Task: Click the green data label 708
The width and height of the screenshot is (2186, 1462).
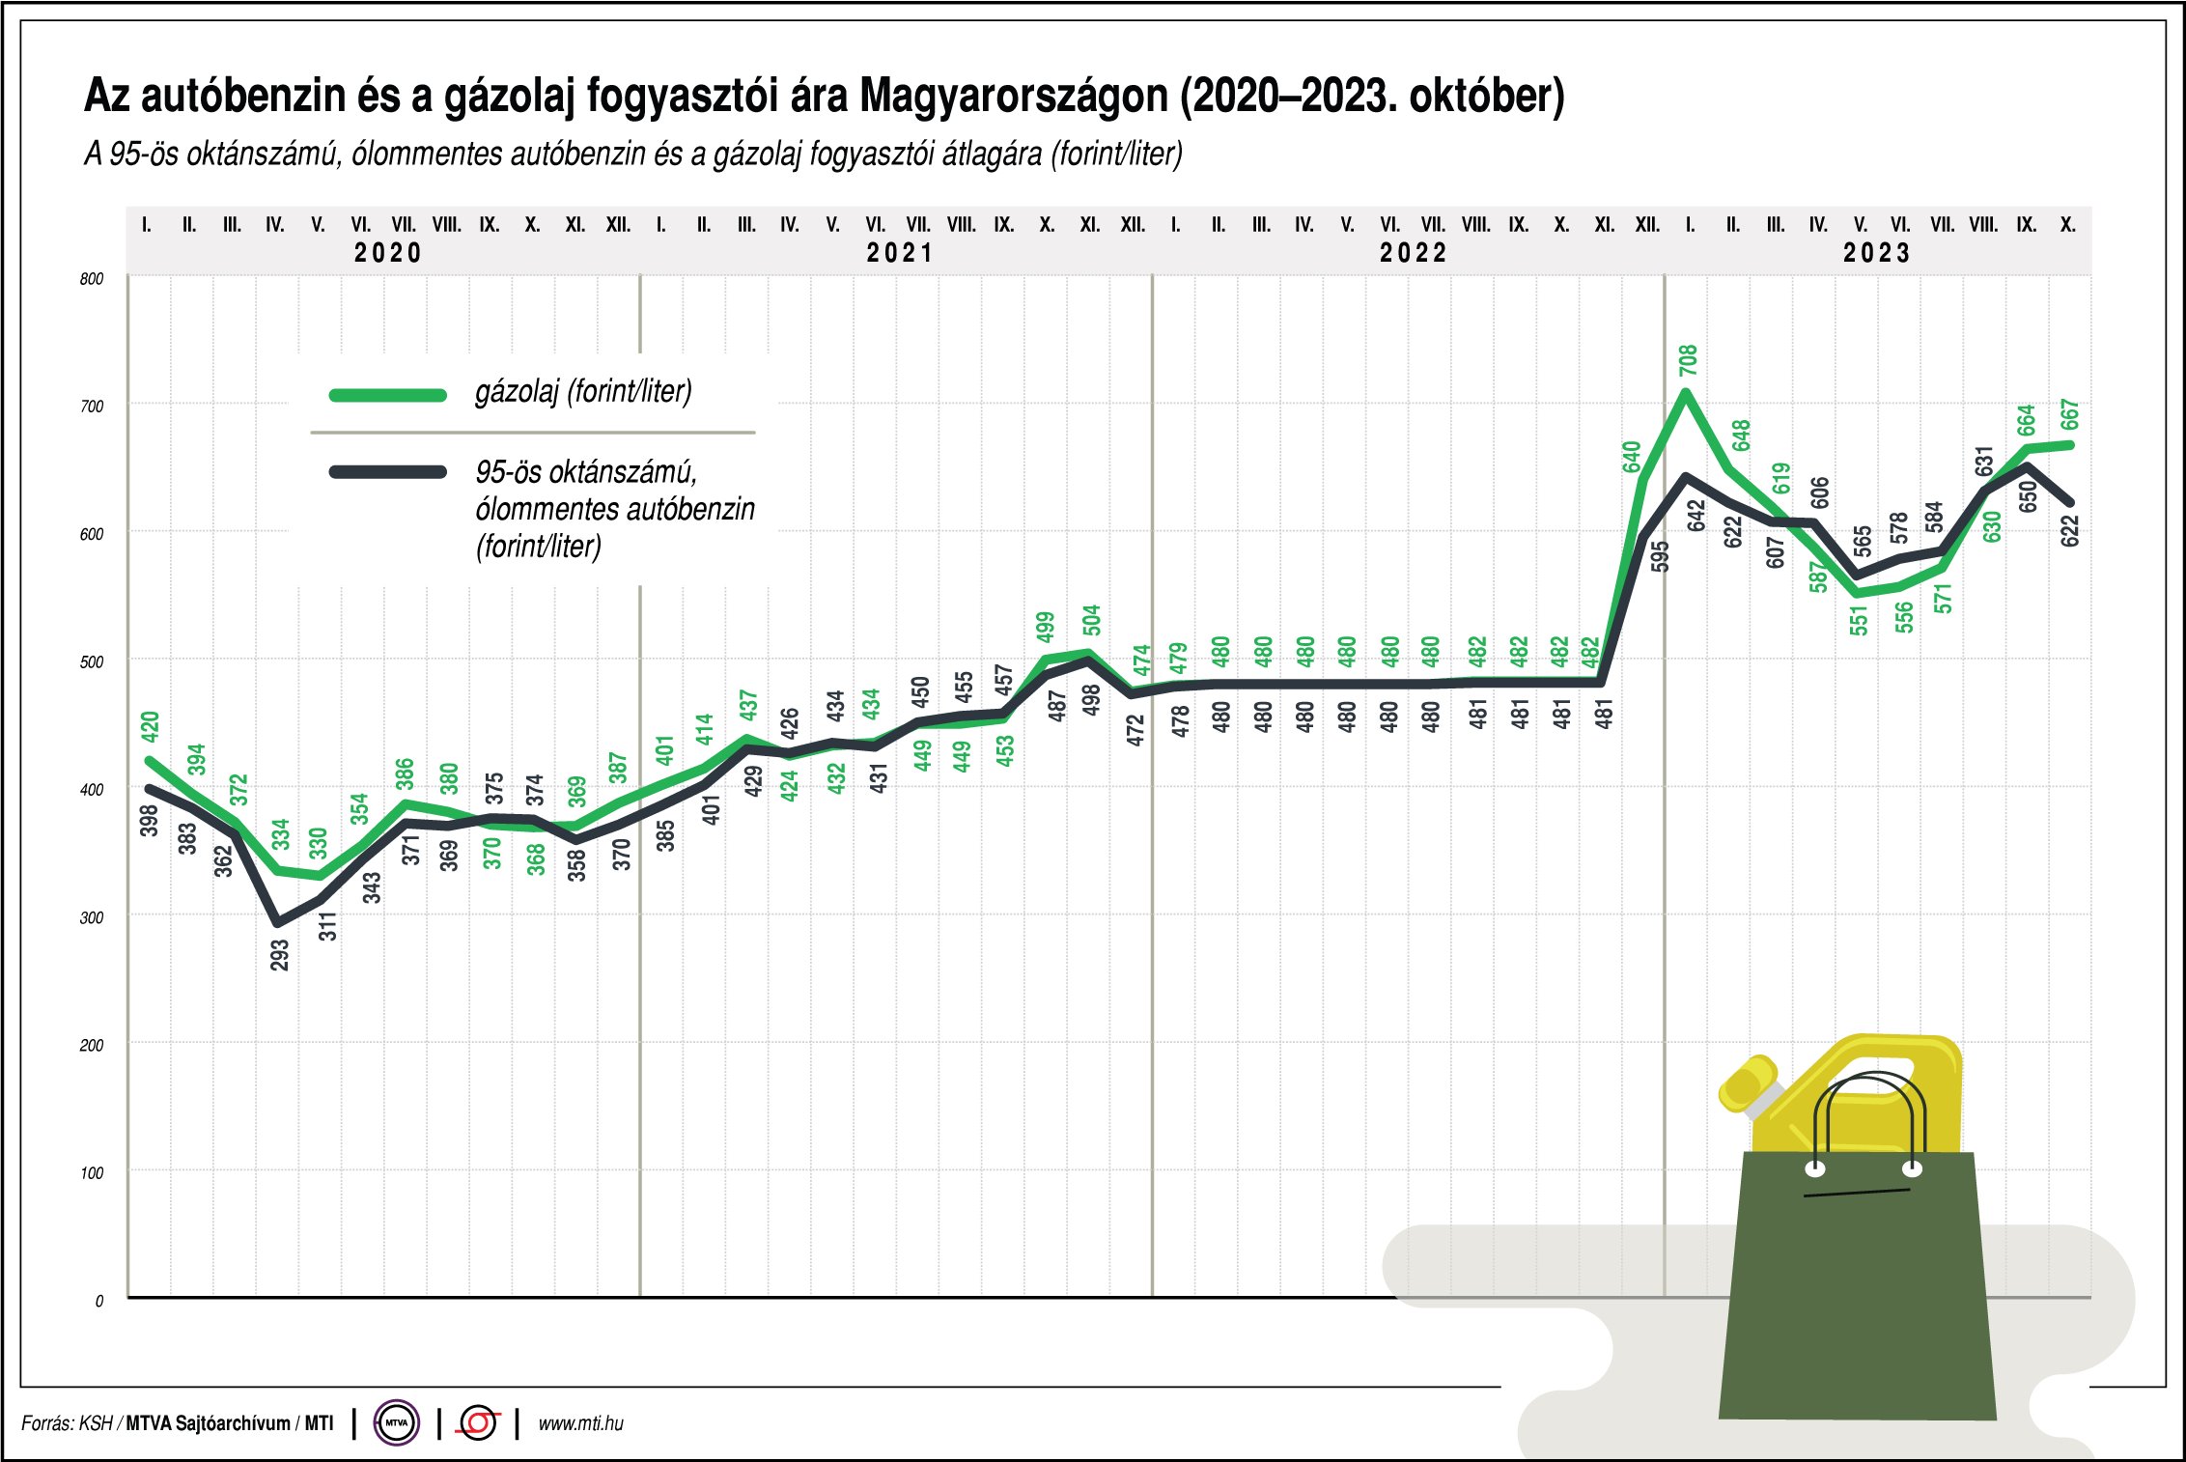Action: coord(1688,360)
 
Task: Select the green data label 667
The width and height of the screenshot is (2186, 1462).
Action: coord(2069,415)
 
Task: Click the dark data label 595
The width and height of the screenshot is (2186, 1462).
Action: coord(1660,556)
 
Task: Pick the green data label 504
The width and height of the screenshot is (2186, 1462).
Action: coord(1091,620)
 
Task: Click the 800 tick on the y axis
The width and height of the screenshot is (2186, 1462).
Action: coord(92,279)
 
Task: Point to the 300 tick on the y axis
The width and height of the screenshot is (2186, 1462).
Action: coord(92,917)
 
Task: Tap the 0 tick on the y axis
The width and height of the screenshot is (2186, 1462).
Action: coord(98,1301)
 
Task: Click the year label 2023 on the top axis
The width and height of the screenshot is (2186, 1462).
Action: coord(1877,253)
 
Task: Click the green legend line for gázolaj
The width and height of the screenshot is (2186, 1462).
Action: coord(388,395)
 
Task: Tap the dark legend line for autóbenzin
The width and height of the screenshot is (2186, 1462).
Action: coord(388,472)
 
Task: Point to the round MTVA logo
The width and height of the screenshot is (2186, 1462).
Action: coord(396,1422)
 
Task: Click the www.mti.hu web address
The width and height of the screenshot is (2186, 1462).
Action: coord(580,1423)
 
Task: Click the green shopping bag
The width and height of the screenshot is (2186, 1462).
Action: coord(1856,1294)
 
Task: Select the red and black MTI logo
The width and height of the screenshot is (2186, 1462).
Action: coord(479,1422)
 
